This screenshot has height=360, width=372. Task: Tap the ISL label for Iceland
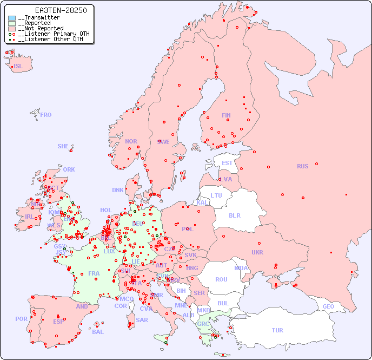[x=18, y=67]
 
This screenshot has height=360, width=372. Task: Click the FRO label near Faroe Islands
[x=46, y=115]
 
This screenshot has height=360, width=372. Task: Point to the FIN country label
[x=226, y=115]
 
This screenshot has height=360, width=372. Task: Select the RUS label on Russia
[x=302, y=166]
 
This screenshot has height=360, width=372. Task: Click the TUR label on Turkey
[x=277, y=330]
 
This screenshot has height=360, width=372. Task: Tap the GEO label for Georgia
[x=328, y=306]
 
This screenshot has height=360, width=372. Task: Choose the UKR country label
[x=257, y=252]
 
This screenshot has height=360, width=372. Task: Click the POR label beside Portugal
[x=21, y=319]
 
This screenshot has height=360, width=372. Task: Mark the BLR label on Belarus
[x=234, y=215]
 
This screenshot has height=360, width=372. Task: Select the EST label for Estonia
[x=227, y=163]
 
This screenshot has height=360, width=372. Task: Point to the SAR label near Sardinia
[x=142, y=320]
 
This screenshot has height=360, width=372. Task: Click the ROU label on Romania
[x=221, y=279]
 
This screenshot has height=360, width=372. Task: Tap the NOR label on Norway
[x=131, y=141]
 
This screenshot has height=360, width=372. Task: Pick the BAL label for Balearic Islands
[x=98, y=332]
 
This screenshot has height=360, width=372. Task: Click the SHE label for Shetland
[x=63, y=146]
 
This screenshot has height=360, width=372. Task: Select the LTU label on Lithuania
[x=216, y=195]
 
